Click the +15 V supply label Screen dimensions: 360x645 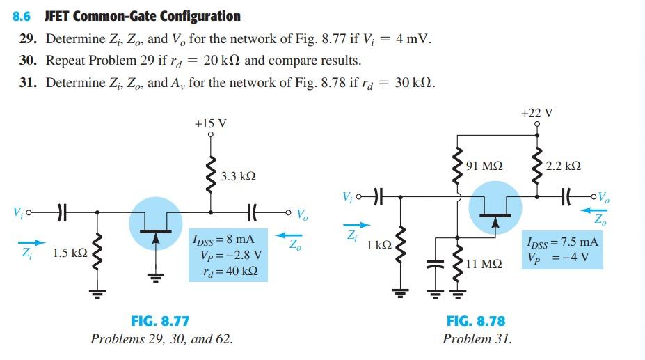click(x=211, y=123)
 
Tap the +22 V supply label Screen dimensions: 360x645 click(x=536, y=112)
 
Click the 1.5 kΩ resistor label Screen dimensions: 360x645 click(x=70, y=253)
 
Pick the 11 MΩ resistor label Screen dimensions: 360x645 click(x=485, y=264)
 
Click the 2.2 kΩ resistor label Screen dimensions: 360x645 click(x=564, y=166)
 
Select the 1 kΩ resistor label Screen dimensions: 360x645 click(x=379, y=245)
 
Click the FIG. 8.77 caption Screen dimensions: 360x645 click(x=160, y=321)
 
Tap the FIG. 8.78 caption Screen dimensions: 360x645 click(x=477, y=321)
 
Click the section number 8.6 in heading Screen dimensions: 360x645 click(x=22, y=16)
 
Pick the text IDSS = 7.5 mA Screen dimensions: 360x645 click(x=563, y=242)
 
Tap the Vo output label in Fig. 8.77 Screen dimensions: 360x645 click(x=303, y=214)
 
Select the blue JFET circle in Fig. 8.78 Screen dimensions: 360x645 click(x=494, y=206)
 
